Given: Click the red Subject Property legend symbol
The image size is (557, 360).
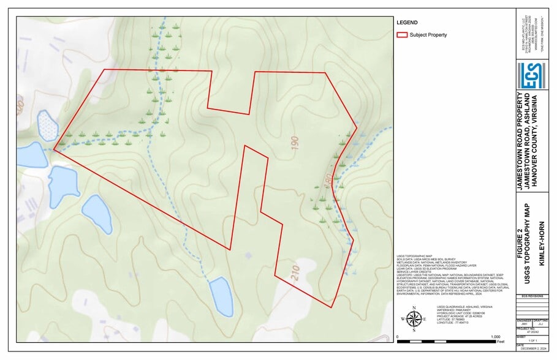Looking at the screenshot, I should click(x=402, y=35).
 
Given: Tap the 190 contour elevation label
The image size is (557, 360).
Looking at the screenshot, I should click(x=295, y=144).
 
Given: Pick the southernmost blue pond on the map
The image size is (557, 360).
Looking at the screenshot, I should click(x=221, y=296).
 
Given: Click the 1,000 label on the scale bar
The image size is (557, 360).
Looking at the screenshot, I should click(x=496, y=337).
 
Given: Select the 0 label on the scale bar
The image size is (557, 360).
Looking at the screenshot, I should click(x=398, y=337).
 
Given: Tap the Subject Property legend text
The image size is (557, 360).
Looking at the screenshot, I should click(x=428, y=35).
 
